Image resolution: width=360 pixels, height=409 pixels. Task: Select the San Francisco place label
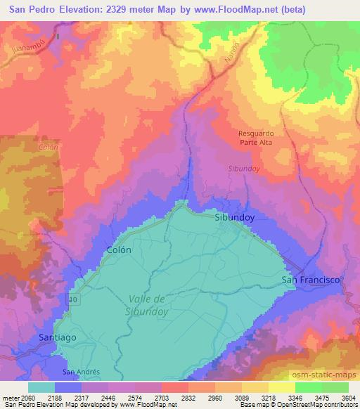[x=310, y=280]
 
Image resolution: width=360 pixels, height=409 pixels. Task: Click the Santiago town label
[x=55, y=337]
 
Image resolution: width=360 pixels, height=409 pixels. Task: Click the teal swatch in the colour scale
[x=41, y=387]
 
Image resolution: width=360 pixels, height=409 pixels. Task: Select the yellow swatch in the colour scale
[x=281, y=387]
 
